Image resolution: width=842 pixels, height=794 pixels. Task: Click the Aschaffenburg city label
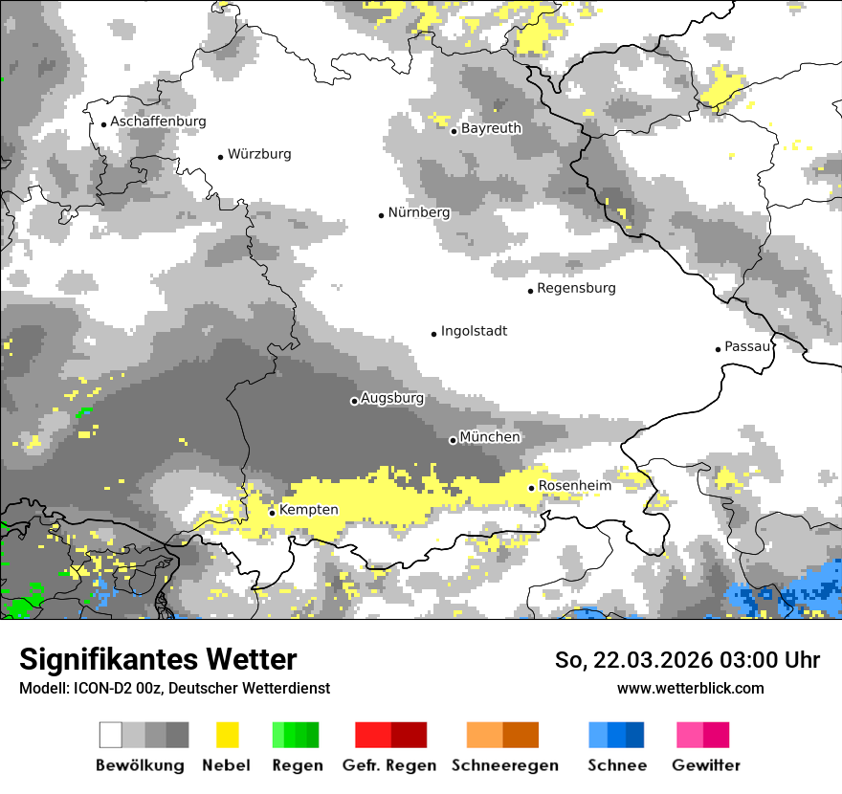point(158,122)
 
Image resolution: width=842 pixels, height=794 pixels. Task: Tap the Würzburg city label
point(259,155)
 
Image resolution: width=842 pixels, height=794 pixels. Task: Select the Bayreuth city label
point(491,128)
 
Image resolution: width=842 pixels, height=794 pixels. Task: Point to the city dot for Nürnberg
point(381,215)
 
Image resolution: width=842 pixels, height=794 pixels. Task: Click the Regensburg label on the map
point(576,288)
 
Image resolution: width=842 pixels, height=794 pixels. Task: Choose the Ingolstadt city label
point(474,332)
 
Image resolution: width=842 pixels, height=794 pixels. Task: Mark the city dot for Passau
point(718,349)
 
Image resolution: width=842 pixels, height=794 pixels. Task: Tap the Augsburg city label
point(391,399)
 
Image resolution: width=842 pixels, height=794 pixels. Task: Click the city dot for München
point(453,440)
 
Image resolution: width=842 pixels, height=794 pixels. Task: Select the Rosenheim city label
point(574,486)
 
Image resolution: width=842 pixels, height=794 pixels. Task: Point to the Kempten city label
point(308,510)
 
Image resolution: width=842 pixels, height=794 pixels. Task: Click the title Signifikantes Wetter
point(158,660)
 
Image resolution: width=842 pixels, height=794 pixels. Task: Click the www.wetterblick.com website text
point(690,688)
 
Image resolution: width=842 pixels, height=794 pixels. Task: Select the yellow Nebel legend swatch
point(227,735)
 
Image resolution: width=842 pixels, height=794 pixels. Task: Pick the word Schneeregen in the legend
point(504,765)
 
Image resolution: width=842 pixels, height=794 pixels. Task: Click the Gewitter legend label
point(705,765)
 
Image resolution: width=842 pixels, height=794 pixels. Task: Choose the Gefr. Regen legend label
point(389,765)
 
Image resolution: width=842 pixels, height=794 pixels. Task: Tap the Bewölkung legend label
point(140,765)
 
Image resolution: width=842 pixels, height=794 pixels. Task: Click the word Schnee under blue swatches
point(617,765)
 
